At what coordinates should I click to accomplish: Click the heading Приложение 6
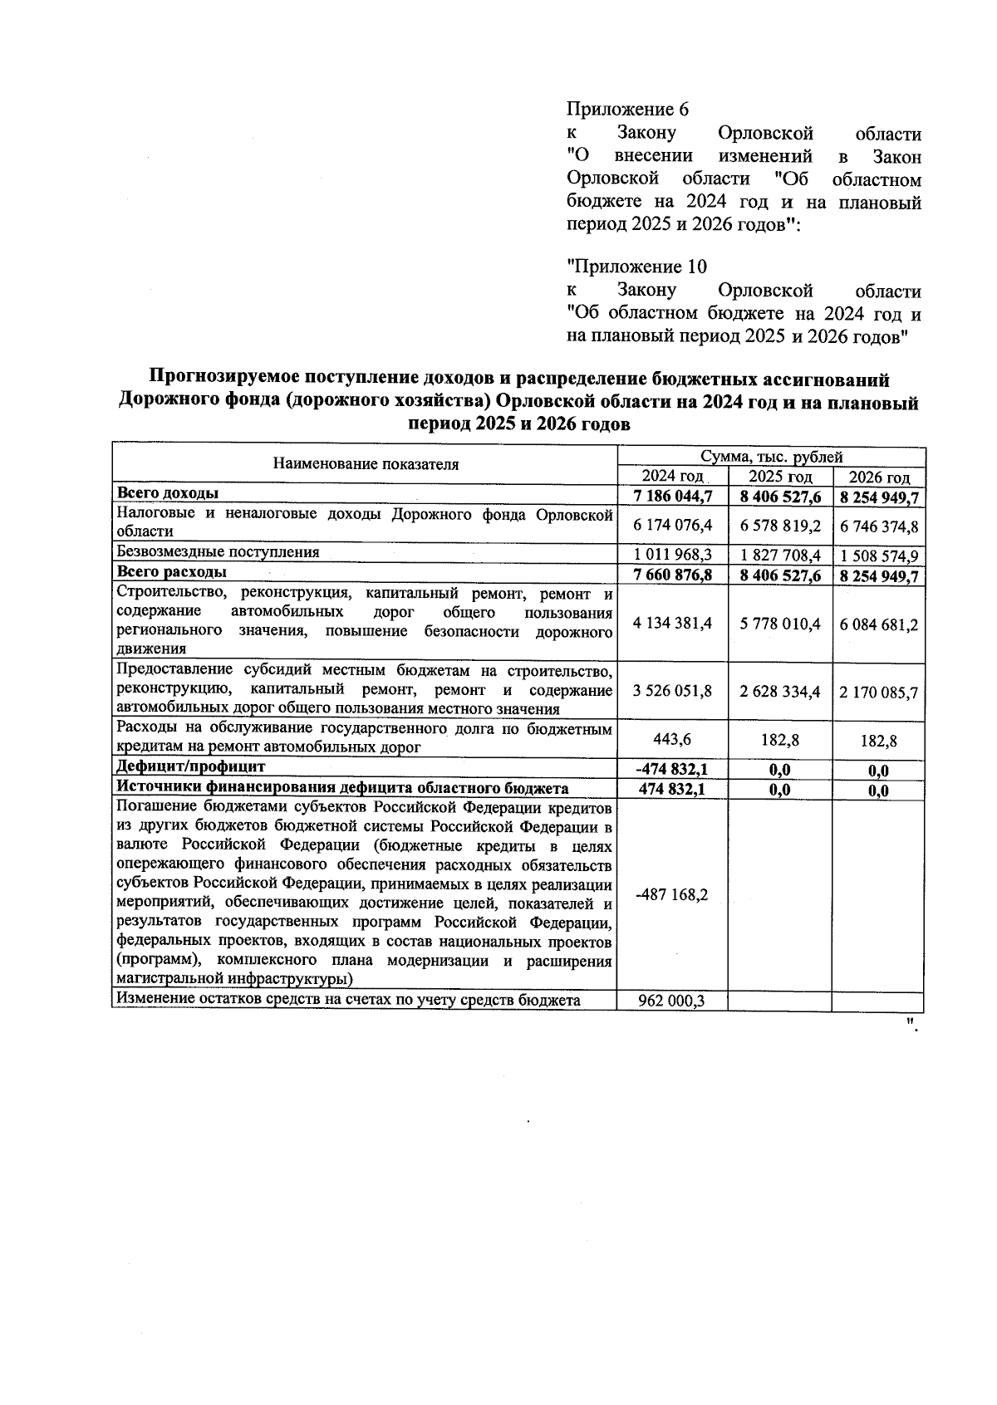[x=627, y=110]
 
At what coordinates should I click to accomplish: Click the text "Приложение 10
[x=636, y=267]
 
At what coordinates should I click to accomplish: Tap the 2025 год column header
[x=779, y=477]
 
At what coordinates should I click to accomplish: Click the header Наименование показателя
[x=366, y=465]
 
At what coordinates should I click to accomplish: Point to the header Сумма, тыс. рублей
[x=771, y=457]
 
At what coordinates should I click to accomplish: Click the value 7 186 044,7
[x=672, y=497]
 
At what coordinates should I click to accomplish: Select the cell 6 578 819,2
[x=780, y=526]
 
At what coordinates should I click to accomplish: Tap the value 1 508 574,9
[x=879, y=556]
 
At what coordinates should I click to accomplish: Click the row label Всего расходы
[x=172, y=573]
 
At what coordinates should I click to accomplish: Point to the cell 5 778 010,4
[x=780, y=624]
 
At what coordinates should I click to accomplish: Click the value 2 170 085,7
[x=879, y=691]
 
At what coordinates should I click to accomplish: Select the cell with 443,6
[x=672, y=739]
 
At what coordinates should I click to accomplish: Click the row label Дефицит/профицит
[x=191, y=766]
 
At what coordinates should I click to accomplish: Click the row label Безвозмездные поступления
[x=218, y=552]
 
